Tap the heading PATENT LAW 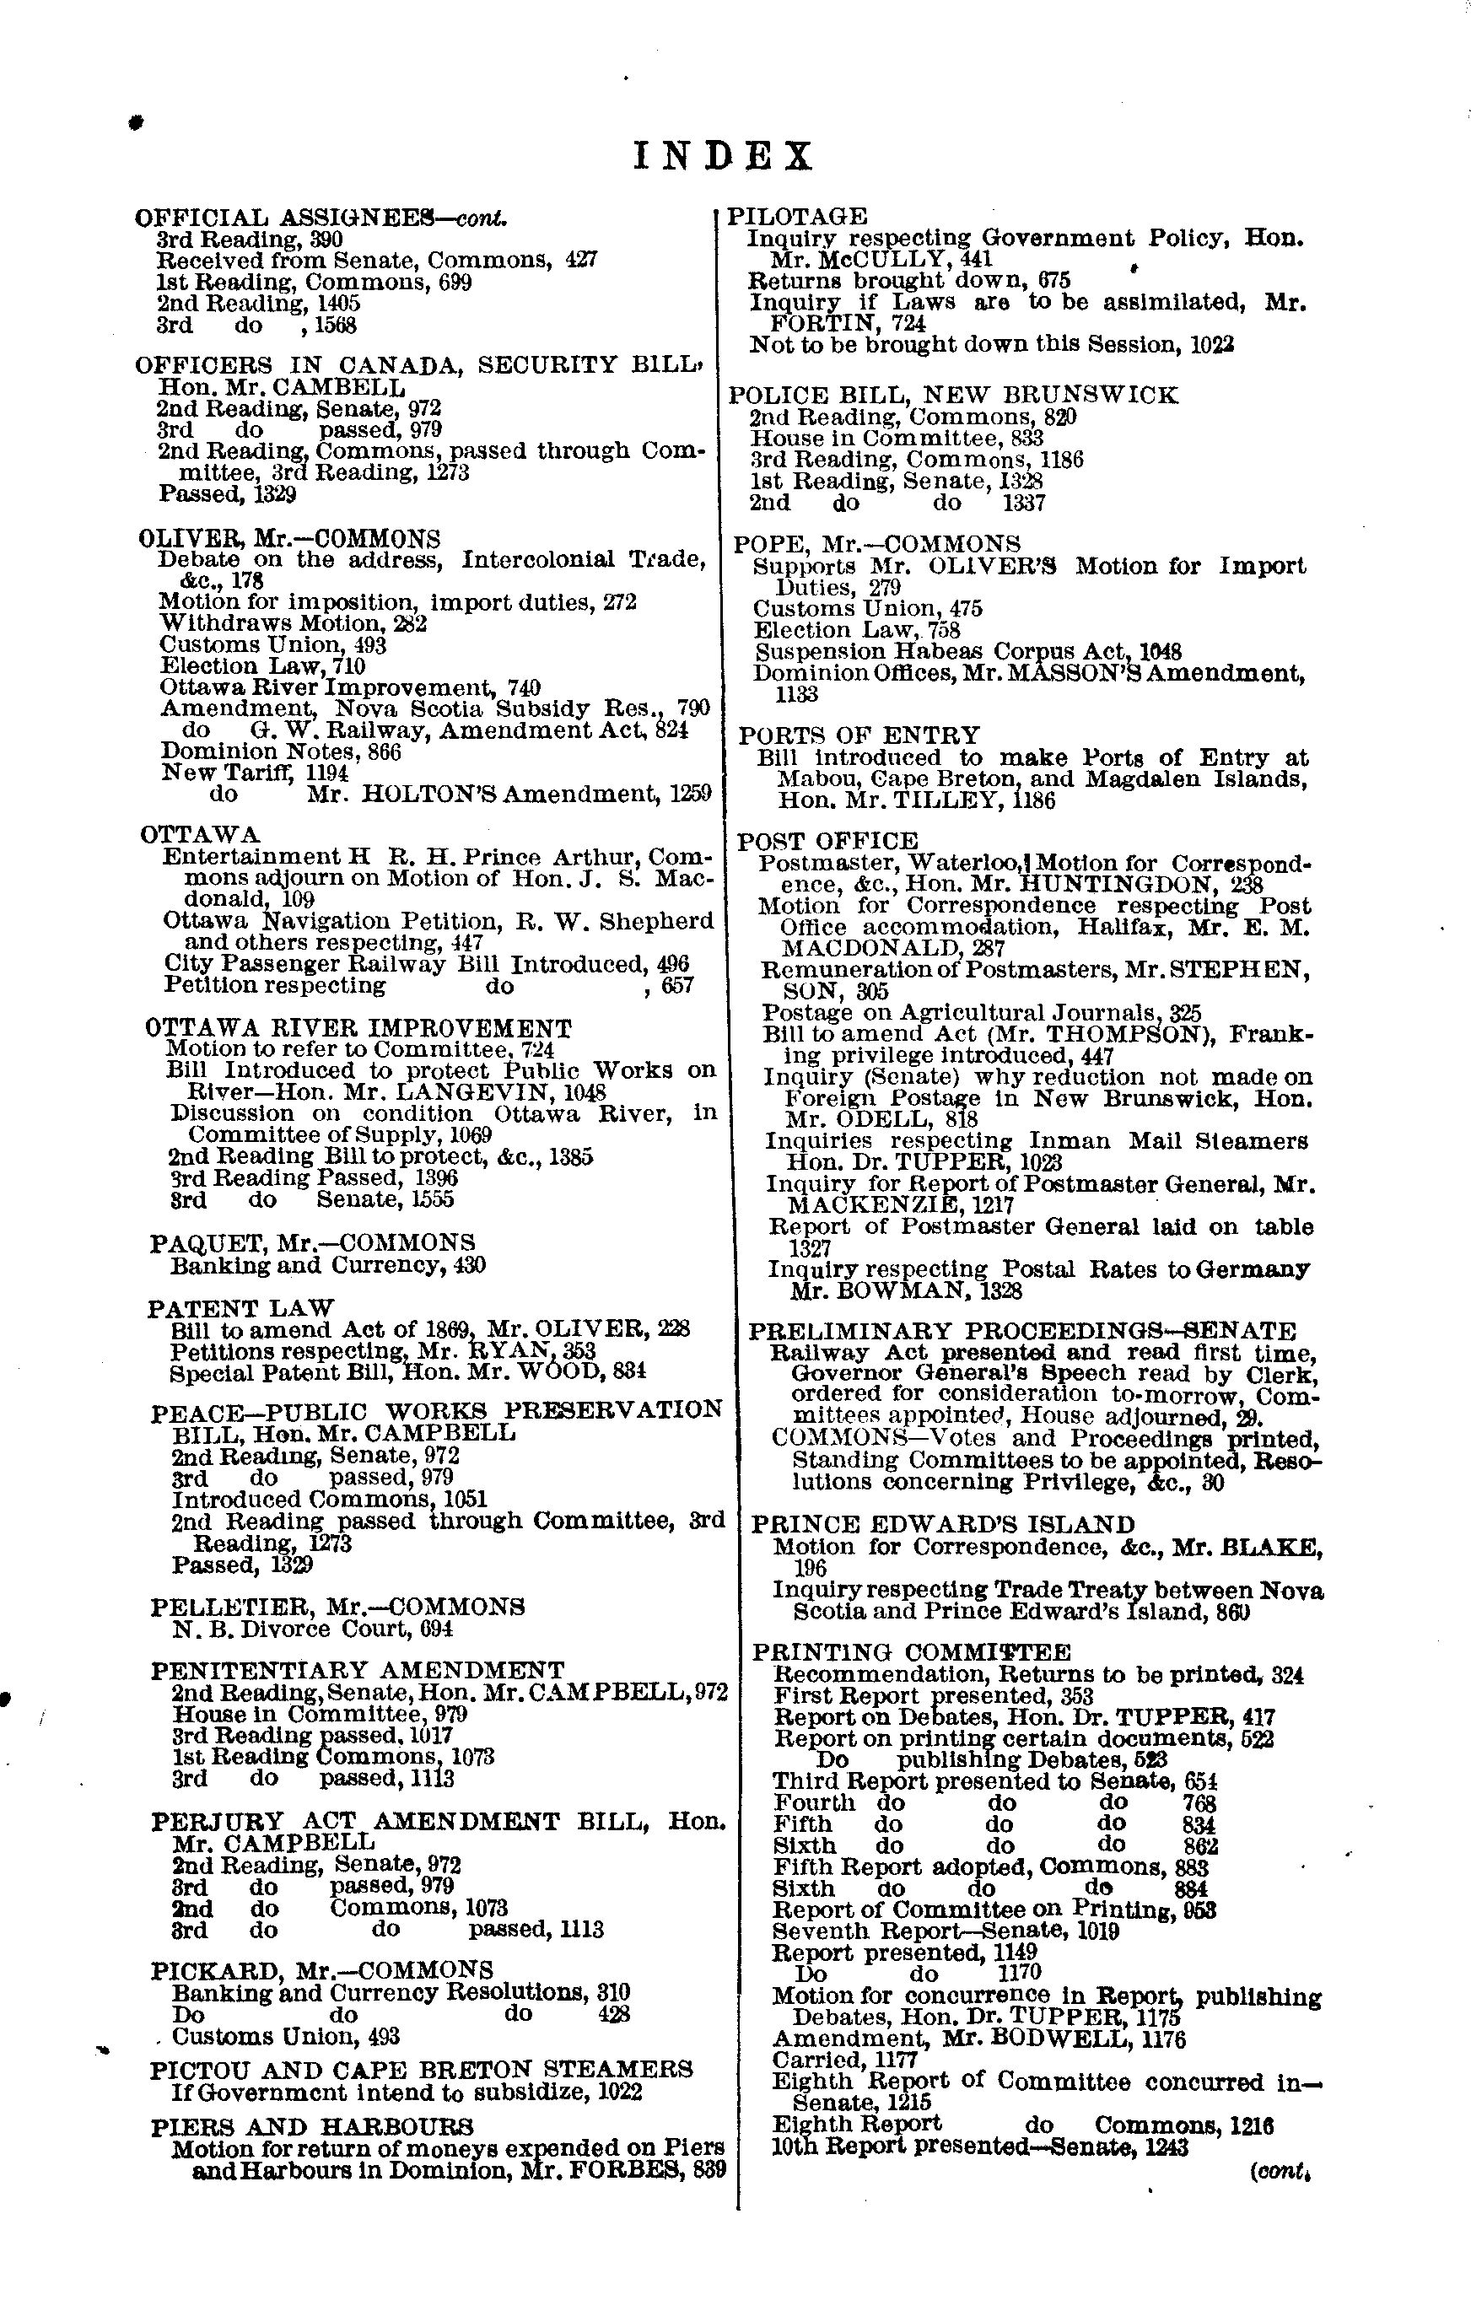point(240,1307)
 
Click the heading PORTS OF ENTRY point(859,735)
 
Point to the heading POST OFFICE point(827,842)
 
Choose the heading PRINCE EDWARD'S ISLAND point(943,1524)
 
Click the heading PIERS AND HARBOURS point(311,2127)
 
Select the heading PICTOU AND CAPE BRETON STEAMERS point(421,2069)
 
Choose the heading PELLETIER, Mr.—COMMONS point(337,1607)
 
